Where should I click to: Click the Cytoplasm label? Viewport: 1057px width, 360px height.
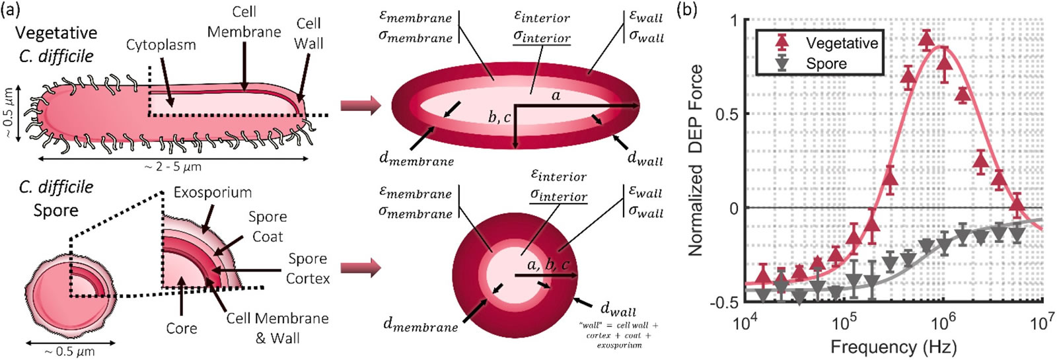pos(161,45)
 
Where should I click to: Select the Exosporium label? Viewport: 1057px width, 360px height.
pos(212,193)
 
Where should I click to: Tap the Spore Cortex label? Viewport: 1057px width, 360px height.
pos(307,268)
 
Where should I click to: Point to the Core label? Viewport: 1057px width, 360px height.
pos(182,328)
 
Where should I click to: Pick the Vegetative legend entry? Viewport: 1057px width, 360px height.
pos(842,44)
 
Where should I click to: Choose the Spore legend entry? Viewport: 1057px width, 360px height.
pos(826,64)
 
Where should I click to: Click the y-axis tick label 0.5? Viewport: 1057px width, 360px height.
pos(727,114)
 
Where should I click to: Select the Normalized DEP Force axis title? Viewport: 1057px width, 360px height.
pos(696,161)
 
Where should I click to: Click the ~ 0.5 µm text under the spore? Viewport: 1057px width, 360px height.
pos(70,352)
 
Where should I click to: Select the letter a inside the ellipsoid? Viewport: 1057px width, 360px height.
pos(556,96)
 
